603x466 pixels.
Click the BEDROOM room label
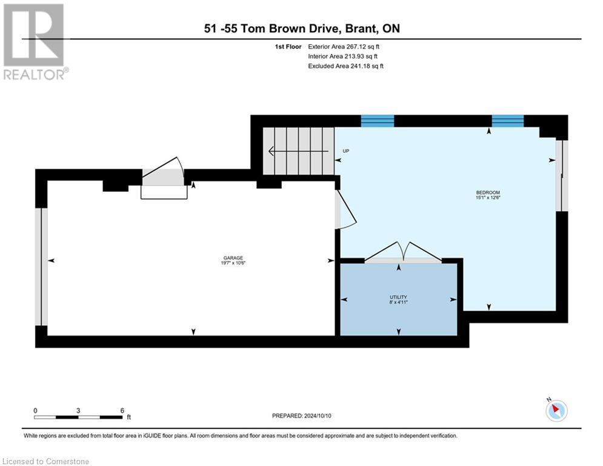click(x=487, y=192)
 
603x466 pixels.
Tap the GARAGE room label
click(x=233, y=257)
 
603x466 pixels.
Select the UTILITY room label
click(x=398, y=297)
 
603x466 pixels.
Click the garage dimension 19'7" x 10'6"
click(x=233, y=263)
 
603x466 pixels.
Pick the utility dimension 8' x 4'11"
click(x=398, y=302)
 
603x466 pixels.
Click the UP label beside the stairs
click(x=345, y=151)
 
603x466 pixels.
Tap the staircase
click(x=298, y=151)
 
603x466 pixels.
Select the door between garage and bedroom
click(x=345, y=210)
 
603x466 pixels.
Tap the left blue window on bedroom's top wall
click(x=377, y=120)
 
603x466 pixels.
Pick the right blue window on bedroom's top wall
click(x=507, y=120)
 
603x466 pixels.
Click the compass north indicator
click(x=556, y=411)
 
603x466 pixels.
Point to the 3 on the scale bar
click(x=78, y=410)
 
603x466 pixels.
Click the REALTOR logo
click(x=35, y=42)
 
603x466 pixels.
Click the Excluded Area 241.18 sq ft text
click(x=345, y=66)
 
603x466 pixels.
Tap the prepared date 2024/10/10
click(x=301, y=416)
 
